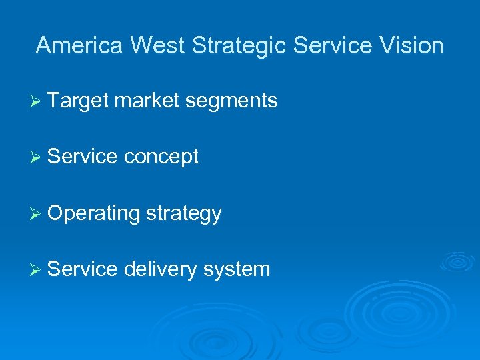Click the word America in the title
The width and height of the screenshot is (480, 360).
click(x=80, y=45)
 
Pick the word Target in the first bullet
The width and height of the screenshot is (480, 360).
click(x=78, y=101)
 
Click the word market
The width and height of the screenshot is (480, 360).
click(x=147, y=101)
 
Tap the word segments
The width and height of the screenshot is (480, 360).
click(x=232, y=101)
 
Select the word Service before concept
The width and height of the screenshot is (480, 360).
click(x=83, y=157)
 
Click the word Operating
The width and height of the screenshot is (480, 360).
click(x=94, y=214)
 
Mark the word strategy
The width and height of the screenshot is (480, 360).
click(x=183, y=214)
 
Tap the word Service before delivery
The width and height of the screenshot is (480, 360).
click(x=83, y=269)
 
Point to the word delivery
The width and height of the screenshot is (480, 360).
click(x=161, y=270)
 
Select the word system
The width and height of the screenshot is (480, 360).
click(x=237, y=270)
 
